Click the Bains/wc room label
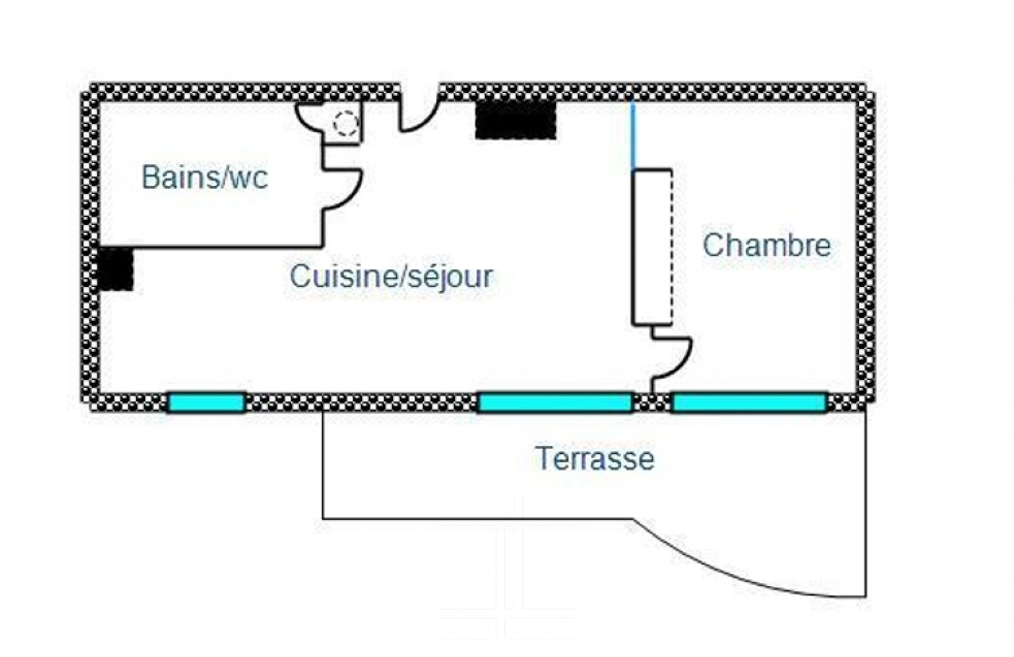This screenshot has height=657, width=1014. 205,178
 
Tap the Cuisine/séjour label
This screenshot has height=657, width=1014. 391,277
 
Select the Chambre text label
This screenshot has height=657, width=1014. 766,245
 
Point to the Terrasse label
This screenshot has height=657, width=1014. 595,458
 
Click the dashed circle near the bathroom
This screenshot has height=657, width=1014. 346,123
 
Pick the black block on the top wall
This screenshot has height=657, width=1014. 516,120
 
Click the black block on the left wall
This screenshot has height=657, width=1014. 116,268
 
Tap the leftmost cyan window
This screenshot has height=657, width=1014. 206,403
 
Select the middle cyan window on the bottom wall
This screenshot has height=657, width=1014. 555,403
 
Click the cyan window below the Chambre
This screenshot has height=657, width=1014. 749,403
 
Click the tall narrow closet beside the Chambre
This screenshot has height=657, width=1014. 652,247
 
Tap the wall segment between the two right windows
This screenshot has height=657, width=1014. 652,403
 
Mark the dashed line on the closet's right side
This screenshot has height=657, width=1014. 671,247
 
